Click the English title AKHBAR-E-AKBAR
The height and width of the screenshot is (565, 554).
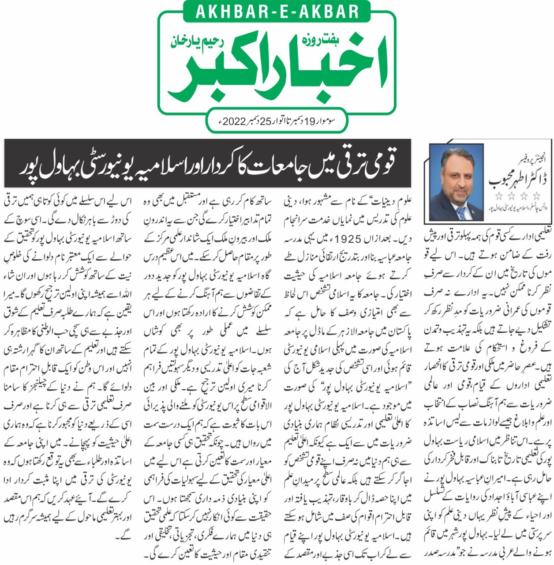click(277, 11)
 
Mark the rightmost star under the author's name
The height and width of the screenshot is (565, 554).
click(536, 195)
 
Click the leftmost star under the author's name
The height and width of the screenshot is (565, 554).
click(498, 195)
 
